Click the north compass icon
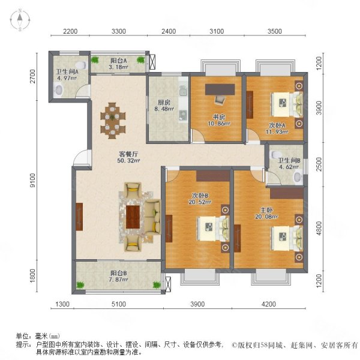point(19,20)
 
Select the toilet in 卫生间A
point(59,90)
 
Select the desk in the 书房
point(217,91)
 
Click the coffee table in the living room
point(135,214)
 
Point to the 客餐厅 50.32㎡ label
point(128,157)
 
